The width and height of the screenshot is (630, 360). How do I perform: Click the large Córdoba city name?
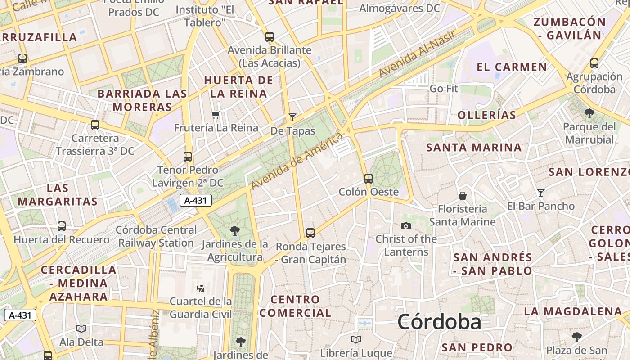[439, 322]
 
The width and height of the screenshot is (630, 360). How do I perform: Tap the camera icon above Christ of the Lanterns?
[406, 226]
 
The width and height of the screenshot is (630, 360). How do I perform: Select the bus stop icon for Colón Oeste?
[369, 179]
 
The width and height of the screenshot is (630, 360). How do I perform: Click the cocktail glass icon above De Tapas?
[292, 118]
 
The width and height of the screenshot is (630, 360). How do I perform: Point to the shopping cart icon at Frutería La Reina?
[216, 115]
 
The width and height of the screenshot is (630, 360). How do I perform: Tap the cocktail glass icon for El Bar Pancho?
[541, 193]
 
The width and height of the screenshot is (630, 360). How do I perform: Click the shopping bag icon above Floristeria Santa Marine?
[462, 196]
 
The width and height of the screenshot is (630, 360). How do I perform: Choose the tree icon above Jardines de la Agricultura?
[234, 231]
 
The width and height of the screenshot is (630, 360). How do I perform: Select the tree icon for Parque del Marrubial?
[589, 113]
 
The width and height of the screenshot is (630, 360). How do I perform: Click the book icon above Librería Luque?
[356, 340]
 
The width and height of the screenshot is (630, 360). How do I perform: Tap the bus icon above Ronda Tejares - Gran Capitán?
[310, 233]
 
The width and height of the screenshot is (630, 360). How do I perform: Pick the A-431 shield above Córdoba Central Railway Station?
[196, 201]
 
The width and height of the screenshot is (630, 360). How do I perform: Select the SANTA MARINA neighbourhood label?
[474, 148]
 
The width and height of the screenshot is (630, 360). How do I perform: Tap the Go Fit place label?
[444, 89]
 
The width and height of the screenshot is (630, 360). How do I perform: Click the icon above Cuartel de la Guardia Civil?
[201, 288]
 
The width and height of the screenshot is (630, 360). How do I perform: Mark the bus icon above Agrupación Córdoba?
[594, 63]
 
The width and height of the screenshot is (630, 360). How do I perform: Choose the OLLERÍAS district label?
[487, 115]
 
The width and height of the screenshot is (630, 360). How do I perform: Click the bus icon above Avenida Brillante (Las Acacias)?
[270, 37]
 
